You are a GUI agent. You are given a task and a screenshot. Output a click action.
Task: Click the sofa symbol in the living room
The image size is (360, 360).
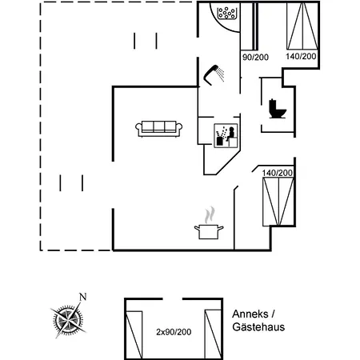click(x=159, y=129)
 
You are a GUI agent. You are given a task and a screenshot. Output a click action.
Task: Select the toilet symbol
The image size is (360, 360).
click(x=278, y=109)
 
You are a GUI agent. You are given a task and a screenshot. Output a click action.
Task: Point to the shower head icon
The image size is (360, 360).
click(x=214, y=74)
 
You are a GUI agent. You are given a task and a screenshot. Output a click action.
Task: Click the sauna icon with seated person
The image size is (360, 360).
click(x=226, y=135)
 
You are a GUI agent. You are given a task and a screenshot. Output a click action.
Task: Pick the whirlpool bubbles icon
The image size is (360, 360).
click(x=226, y=13)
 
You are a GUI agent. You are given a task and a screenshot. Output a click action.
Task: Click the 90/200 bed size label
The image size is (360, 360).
click(x=255, y=57)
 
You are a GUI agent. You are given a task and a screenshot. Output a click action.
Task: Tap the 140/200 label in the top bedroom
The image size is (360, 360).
click(x=301, y=56)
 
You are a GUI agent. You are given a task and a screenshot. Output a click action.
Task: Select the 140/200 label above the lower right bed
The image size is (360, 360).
click(x=278, y=173)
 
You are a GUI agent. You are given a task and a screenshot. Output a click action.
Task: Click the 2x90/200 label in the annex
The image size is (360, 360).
click(x=174, y=332)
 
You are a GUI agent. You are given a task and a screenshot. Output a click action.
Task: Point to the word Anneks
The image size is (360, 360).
click(x=250, y=314)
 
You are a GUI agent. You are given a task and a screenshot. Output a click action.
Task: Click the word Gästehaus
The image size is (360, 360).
click(x=258, y=327)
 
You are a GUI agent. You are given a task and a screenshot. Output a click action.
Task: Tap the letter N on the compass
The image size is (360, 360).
click(x=83, y=297)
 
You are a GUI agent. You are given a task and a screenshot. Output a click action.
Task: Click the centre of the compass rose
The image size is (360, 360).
click(x=68, y=320)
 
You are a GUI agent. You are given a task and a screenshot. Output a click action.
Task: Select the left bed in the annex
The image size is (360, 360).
click(x=134, y=334)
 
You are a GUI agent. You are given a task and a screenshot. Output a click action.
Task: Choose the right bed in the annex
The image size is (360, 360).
click(x=213, y=334)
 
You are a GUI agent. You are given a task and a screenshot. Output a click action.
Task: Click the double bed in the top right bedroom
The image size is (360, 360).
click(x=302, y=26)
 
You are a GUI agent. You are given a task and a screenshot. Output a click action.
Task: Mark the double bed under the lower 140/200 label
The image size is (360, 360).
click(x=278, y=202)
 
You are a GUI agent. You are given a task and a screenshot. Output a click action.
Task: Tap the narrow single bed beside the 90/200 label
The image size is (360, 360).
click(x=247, y=26)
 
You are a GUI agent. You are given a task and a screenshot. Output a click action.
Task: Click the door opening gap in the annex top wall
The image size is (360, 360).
click(x=173, y=299)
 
